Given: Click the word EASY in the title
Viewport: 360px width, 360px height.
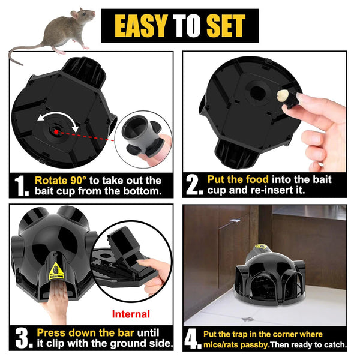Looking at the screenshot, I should pos(140,26).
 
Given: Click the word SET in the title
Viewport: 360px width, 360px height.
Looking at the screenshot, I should pos(225,26).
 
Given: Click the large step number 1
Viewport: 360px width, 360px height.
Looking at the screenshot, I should pos(21,186).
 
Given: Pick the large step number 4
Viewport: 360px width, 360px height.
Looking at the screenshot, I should pos(193,340).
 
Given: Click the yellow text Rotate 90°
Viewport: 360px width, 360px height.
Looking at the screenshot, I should pos(59,180).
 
